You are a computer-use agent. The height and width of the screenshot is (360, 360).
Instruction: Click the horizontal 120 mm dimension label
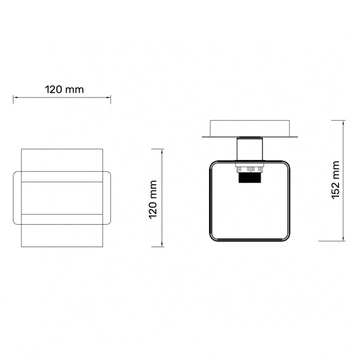click(64, 89)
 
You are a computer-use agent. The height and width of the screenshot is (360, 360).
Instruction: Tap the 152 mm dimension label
click(336, 180)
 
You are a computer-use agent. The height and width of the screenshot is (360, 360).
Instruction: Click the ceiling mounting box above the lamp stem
click(250, 129)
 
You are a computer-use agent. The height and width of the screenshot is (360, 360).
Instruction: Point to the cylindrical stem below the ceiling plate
click(249, 149)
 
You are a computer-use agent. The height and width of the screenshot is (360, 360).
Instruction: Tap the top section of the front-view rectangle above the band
click(62, 160)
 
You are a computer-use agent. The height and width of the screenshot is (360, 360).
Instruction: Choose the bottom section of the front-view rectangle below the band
click(62, 236)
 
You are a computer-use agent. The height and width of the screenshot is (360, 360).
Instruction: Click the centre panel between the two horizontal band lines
click(62, 198)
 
